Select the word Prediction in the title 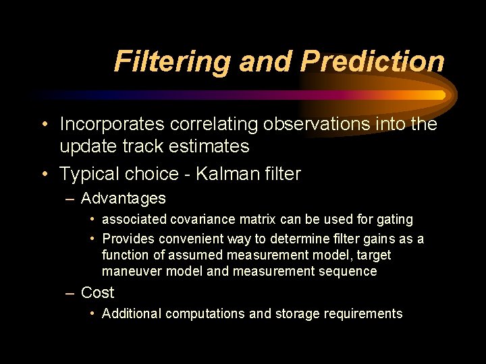373,61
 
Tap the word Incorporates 112,124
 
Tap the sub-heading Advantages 123,199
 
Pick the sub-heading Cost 97,293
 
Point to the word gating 395,220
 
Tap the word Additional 132,313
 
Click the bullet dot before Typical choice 44,174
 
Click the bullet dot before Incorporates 44,124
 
